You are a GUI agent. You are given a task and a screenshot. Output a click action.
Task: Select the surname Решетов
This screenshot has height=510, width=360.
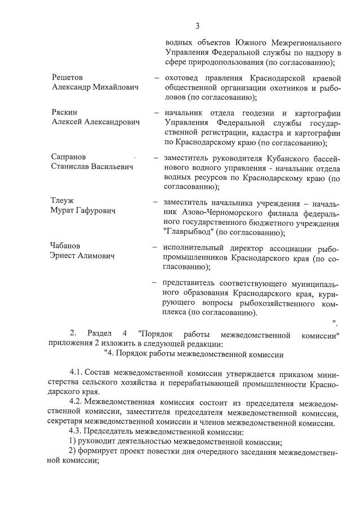click(67, 77)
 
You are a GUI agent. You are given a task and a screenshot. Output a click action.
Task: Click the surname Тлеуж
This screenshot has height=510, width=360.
click(63, 201)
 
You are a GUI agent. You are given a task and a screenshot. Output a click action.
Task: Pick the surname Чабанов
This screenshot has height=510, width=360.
click(66, 246)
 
